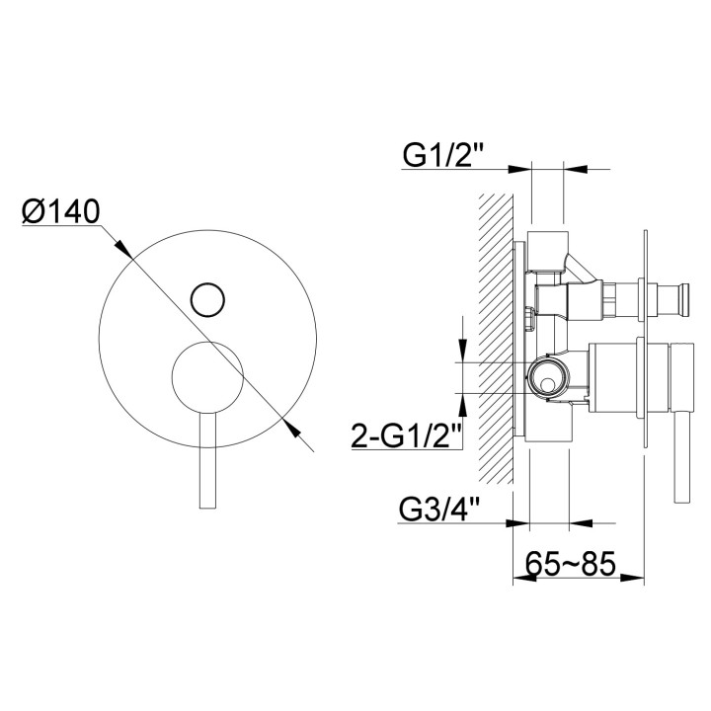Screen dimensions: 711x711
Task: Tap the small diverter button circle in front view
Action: (207, 297)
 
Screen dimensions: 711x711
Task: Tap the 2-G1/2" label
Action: (408, 434)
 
